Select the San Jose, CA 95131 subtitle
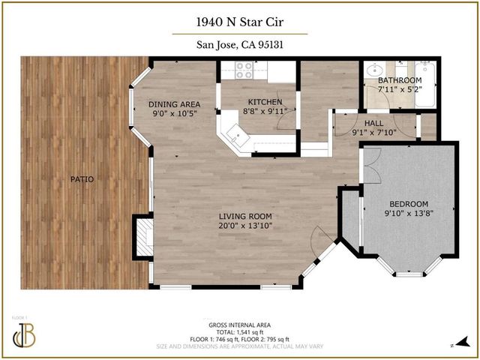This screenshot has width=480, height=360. coord(239,45)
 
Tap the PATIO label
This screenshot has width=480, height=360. coord(76,178)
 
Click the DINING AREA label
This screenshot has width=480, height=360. coord(174,104)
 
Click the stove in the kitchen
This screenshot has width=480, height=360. coord(244,70)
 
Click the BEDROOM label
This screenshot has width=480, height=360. coord(409,204)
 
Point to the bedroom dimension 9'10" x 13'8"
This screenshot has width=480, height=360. coord(409,214)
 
